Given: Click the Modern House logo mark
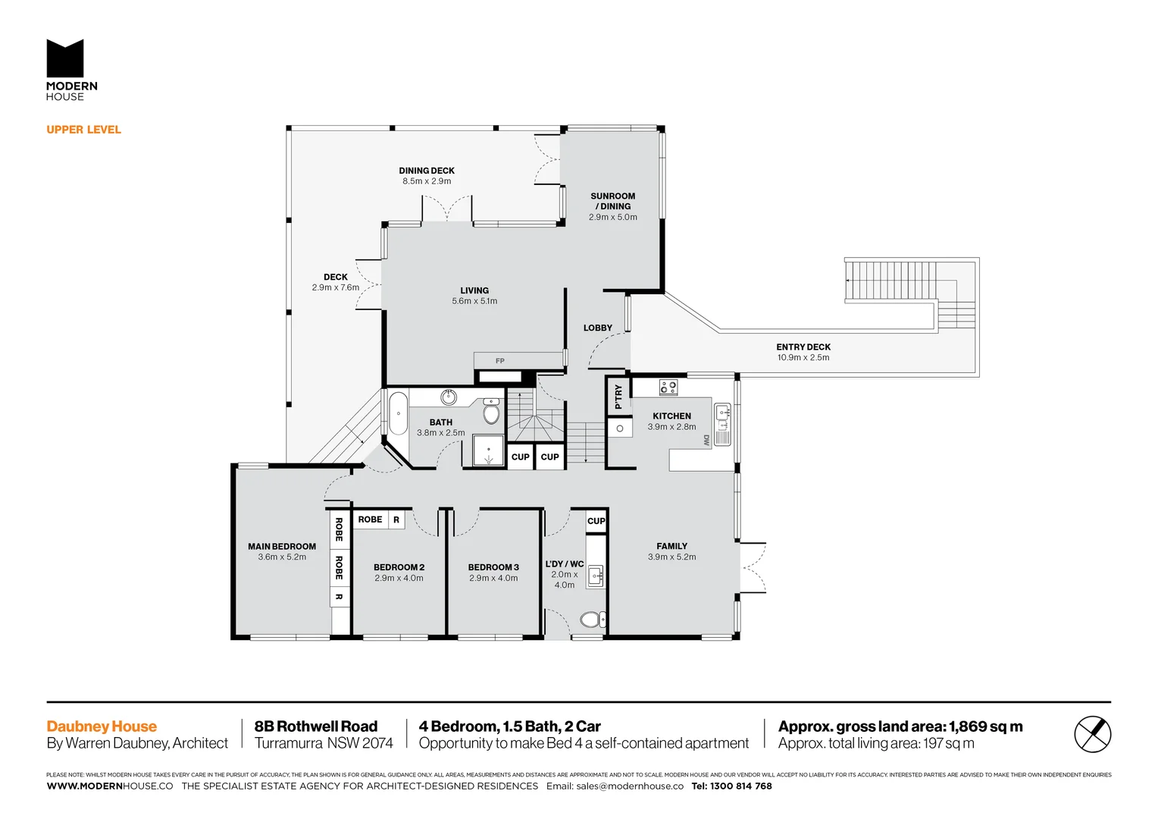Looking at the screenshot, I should pos(65,58).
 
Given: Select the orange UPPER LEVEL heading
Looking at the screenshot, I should pos(83,130).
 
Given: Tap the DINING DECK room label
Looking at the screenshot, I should pos(427,171).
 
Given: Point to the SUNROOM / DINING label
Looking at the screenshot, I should pos(612,201).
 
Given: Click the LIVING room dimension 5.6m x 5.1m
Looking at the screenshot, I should pos(474,301).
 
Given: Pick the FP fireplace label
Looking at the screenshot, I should pos(499,361).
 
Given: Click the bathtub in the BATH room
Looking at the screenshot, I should pos(398,413).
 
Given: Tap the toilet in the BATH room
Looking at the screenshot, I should pos(491,413).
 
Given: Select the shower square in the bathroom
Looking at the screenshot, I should pos(489,450).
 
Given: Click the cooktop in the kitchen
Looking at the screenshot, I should pos(668,388).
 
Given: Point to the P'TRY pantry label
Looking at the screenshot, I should pos(618,397).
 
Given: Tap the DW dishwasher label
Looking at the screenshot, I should pos(706,440).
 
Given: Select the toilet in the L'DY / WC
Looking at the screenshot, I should pos(592,620).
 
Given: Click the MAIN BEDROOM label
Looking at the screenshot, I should pos(282,546).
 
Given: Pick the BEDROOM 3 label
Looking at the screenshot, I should pos(493,567).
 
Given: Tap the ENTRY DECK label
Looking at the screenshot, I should pos(803,347).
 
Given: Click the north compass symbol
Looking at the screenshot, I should pos(1092,734).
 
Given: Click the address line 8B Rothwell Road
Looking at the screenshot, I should pos(316,726).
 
